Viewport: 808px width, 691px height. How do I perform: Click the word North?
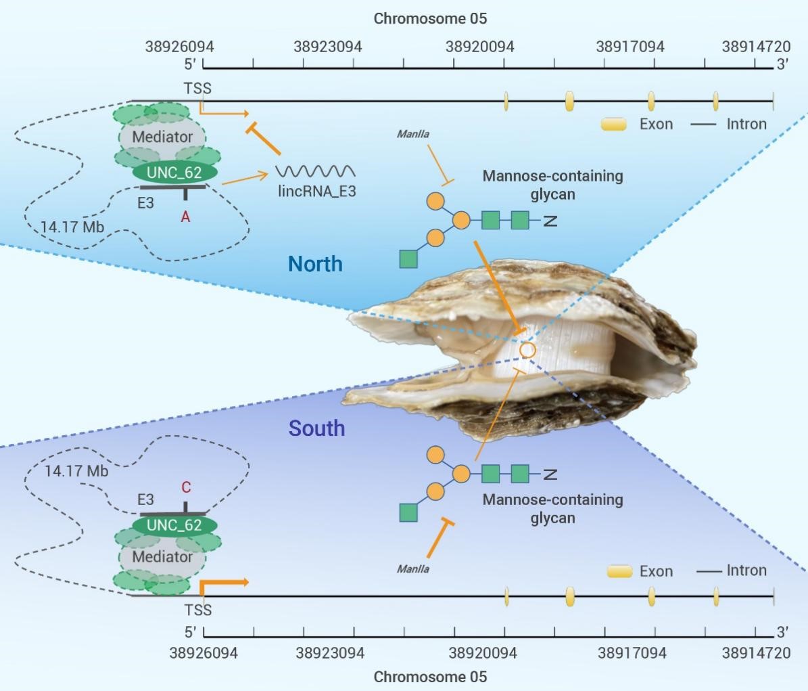(315, 264)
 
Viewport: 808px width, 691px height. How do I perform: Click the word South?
(316, 428)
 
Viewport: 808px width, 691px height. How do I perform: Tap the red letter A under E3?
(185, 217)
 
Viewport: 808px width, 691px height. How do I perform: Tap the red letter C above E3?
(186, 487)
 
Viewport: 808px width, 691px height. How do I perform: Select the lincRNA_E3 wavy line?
(315, 171)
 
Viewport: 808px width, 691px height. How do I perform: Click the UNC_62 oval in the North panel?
(174, 172)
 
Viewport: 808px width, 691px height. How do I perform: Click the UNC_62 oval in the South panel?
(174, 525)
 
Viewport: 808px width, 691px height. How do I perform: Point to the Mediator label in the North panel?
(162, 137)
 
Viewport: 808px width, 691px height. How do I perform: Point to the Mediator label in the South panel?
(162, 557)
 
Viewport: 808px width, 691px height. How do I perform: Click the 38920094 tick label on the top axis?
(480, 47)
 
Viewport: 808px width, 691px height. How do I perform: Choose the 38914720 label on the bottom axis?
(756, 653)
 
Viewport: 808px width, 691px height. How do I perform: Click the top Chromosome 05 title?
(430, 18)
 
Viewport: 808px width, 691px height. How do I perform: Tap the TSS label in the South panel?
(198, 610)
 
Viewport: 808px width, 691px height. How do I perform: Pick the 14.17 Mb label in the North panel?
(72, 227)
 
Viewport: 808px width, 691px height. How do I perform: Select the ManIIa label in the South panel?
(412, 569)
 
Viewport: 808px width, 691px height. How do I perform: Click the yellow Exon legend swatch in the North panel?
(614, 125)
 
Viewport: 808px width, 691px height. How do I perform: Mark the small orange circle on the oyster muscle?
(527, 351)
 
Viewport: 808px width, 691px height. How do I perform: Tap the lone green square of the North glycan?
(408, 259)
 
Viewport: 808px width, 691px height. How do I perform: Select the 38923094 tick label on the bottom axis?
(330, 653)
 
